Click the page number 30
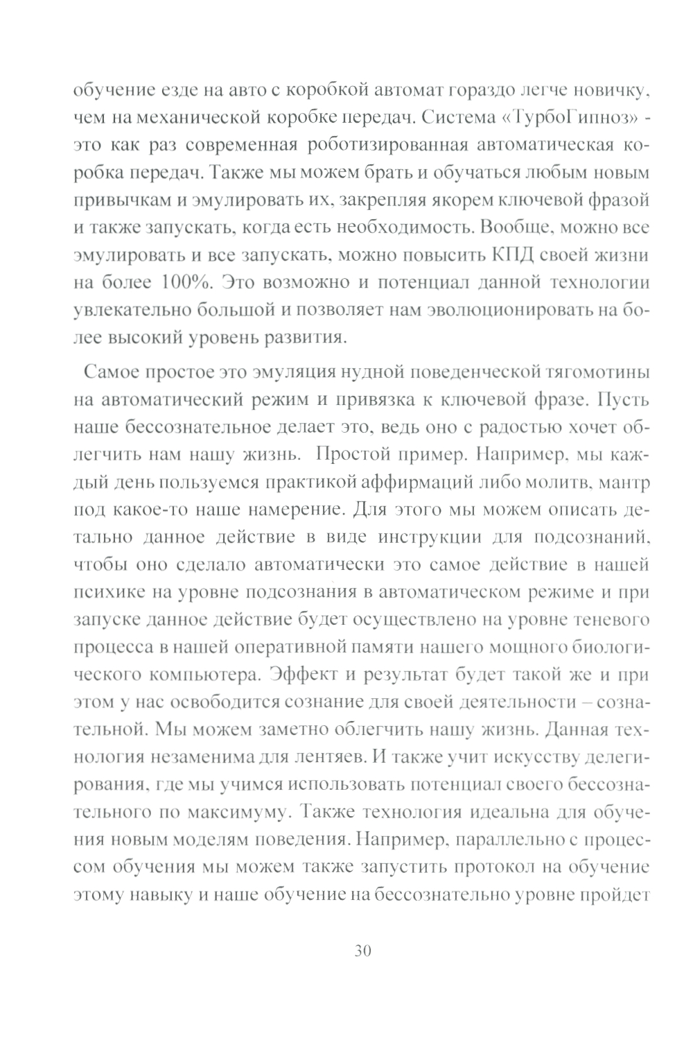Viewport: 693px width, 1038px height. [362, 949]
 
